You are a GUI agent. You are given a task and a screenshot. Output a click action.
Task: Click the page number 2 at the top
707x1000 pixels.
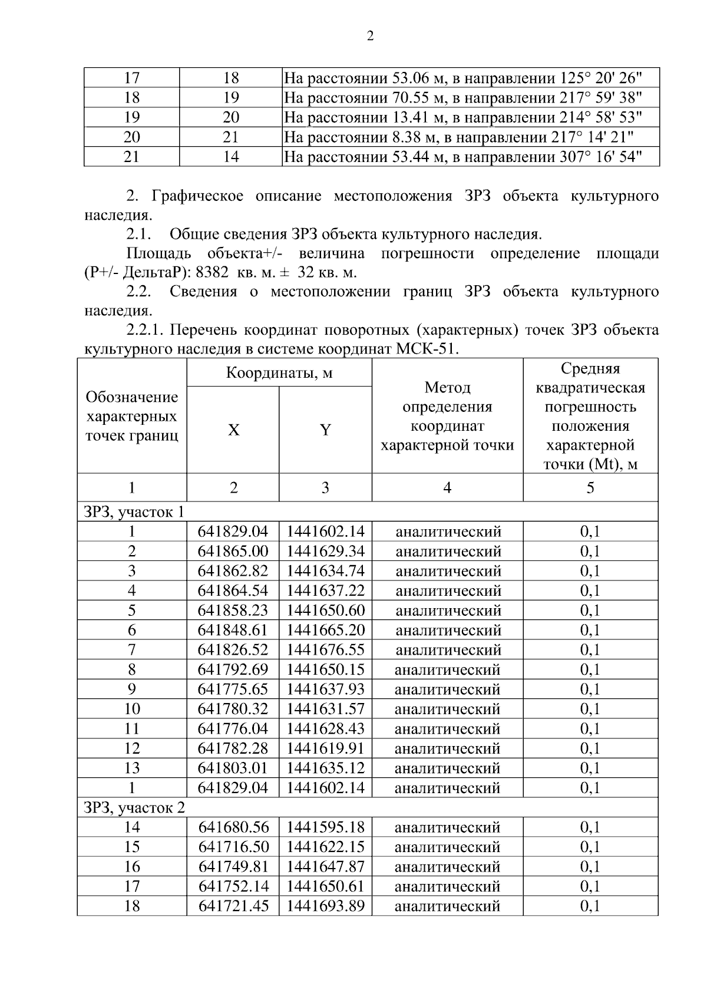(x=370, y=37)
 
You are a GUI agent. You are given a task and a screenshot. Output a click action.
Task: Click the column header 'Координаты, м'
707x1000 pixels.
(x=279, y=373)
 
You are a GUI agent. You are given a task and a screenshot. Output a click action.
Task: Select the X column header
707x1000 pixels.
(x=233, y=430)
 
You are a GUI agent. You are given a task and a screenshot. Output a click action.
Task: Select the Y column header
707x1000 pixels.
(x=325, y=430)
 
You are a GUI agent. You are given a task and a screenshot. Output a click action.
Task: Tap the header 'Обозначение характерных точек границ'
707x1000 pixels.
(x=132, y=416)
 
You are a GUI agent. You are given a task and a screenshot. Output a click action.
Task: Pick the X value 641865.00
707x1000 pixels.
(x=233, y=552)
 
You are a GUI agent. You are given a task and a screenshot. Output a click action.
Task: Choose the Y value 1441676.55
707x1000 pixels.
(x=325, y=650)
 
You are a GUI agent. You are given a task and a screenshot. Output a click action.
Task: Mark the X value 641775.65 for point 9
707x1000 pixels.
(x=233, y=689)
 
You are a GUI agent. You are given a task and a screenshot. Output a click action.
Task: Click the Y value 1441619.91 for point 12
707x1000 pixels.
(x=325, y=748)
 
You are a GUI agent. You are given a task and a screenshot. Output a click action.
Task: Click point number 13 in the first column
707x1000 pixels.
(x=132, y=768)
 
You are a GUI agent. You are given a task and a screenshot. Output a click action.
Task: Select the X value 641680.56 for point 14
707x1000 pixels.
(x=233, y=827)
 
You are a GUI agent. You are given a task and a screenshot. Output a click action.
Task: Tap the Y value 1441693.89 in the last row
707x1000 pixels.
(x=325, y=906)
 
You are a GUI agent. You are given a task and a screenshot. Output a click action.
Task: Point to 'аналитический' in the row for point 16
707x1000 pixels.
(x=447, y=867)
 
